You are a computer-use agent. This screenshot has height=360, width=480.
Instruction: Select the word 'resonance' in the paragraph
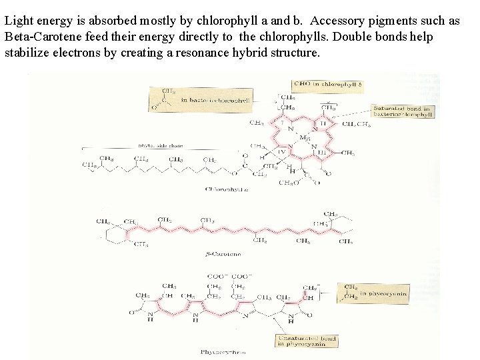pos(203,53)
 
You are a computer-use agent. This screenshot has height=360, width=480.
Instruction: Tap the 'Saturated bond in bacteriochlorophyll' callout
pos(403,111)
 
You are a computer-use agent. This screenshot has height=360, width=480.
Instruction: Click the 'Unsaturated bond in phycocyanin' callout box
pos(306,341)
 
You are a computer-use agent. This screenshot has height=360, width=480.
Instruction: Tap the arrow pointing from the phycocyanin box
pos(328,291)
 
